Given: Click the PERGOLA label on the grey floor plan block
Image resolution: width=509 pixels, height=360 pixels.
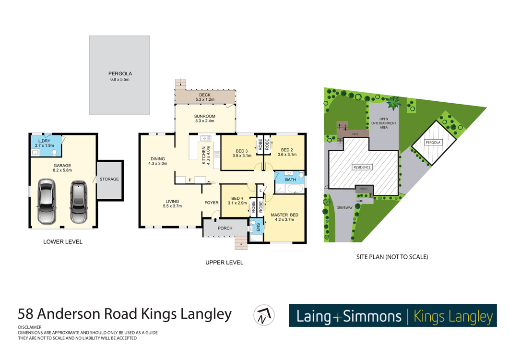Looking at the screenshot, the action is coord(120,74).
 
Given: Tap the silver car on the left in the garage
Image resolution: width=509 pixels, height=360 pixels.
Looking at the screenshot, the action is coord(47,201).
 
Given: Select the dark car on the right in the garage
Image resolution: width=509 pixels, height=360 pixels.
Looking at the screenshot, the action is coord(78,202).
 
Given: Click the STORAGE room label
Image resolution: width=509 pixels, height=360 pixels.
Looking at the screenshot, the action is coord(109,179).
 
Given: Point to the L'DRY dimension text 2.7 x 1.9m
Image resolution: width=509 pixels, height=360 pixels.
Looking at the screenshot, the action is coord(45,145).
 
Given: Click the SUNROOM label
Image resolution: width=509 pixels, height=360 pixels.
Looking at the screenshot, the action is coord(204,116).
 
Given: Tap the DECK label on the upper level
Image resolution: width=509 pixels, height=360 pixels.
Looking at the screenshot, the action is coord(205,95).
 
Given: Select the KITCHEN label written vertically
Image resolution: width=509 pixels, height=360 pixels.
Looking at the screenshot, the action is coord(204,156).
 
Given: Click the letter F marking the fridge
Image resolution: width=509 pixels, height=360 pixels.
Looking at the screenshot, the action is coord(190,180).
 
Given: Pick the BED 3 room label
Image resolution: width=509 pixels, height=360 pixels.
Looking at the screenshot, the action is coord(242,151).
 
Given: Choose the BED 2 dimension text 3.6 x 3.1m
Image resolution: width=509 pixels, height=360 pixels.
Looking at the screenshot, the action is coord(287,155).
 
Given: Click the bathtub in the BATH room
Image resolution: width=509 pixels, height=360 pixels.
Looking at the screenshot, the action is coord(295,189).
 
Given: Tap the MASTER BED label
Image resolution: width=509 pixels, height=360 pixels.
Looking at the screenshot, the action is coord(284,215).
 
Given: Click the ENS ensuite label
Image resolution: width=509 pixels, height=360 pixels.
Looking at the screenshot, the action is coord(259,227).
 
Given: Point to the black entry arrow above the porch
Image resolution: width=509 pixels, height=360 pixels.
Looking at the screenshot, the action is coord(215,220).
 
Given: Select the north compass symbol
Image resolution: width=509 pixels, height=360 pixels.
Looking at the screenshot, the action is coord(264,315).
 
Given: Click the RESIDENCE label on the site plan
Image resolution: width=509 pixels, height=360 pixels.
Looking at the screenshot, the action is coord(362,168).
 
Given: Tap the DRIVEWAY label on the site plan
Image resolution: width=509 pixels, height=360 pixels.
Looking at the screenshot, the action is coord(344,208).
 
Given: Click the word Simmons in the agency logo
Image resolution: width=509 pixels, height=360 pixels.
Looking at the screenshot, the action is coord(372,316).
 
